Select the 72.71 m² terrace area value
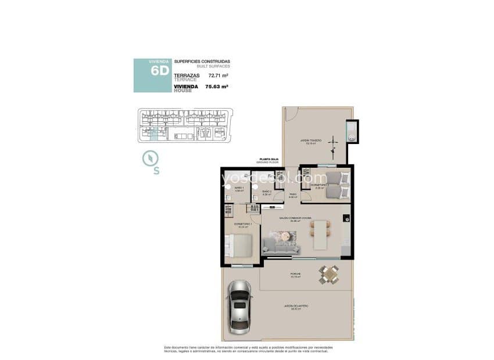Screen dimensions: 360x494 pos(216,75)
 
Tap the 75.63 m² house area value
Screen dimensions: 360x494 pos(216,87)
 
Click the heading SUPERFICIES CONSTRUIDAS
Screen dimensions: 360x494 pos(202,62)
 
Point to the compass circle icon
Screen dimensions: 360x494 pos(151,157)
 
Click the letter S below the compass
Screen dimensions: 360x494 pos(156,171)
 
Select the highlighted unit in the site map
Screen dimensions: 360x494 pos(153,135)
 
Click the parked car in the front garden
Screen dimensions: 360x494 pos(239,307)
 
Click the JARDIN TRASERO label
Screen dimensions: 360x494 pos(311,141)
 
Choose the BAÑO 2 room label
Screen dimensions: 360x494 pos(266,192)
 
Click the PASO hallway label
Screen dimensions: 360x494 pos(293,195)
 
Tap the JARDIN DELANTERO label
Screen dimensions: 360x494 pos(296,305)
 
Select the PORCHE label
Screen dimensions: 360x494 pos(295,275)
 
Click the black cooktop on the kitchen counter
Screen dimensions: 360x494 pos(346,219)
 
